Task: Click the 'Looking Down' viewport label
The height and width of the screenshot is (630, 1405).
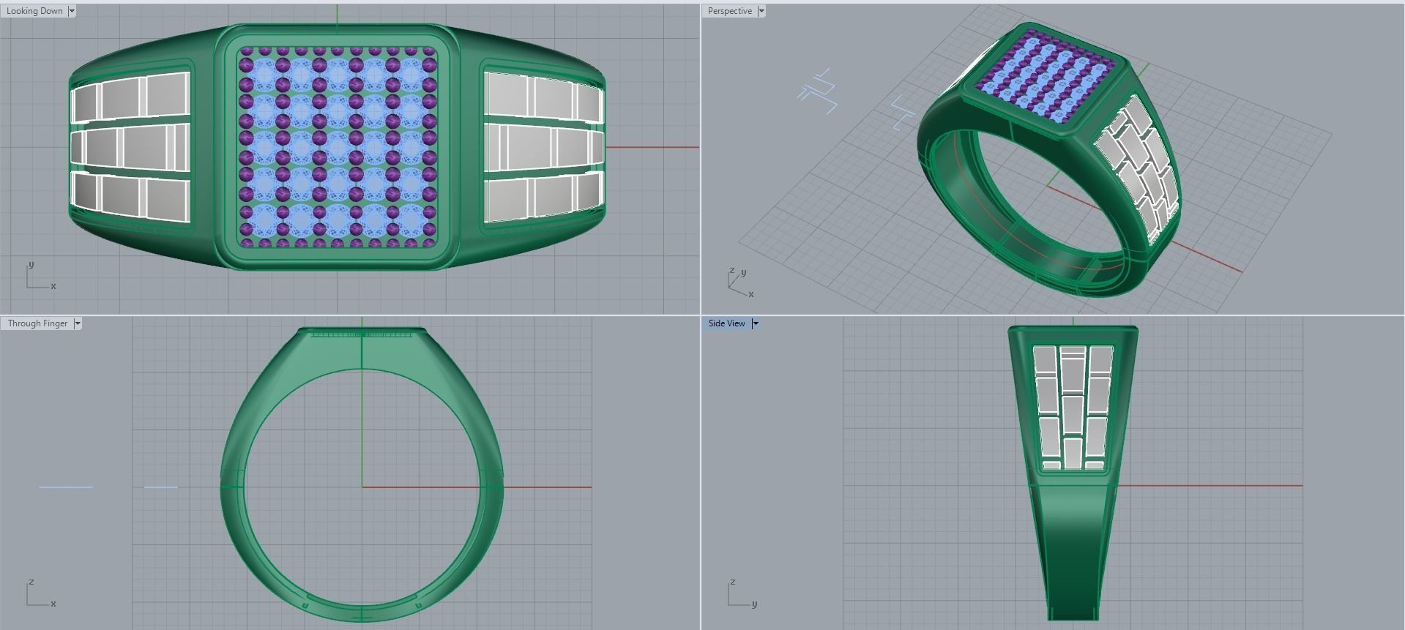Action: [x=34, y=11]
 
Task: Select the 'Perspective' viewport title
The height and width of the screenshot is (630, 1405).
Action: [x=729, y=11]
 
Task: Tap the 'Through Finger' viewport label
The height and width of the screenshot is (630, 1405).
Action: [x=37, y=323]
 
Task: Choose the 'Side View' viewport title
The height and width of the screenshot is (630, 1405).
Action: [x=726, y=323]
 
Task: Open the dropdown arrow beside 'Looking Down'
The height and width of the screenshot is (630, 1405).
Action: [x=72, y=11]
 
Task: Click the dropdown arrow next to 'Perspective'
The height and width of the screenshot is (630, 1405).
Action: [x=761, y=11]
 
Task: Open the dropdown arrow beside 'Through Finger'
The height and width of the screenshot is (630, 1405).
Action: [x=78, y=323]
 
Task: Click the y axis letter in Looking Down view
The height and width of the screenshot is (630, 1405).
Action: [x=31, y=265]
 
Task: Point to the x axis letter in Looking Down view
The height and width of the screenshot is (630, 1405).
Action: [x=53, y=286]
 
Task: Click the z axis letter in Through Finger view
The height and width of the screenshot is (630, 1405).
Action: [x=31, y=582]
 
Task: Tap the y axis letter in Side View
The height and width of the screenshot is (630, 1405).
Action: [x=754, y=604]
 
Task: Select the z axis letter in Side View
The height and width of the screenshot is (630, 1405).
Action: [x=731, y=582]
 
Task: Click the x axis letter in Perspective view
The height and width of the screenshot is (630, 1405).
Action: [x=751, y=294]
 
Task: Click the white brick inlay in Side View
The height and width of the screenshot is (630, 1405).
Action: [x=1073, y=406]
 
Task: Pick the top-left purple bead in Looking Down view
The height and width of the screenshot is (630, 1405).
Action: [x=246, y=52]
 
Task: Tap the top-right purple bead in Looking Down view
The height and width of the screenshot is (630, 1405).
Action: [x=430, y=52]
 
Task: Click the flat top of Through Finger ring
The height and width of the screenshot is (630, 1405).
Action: [x=362, y=331]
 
